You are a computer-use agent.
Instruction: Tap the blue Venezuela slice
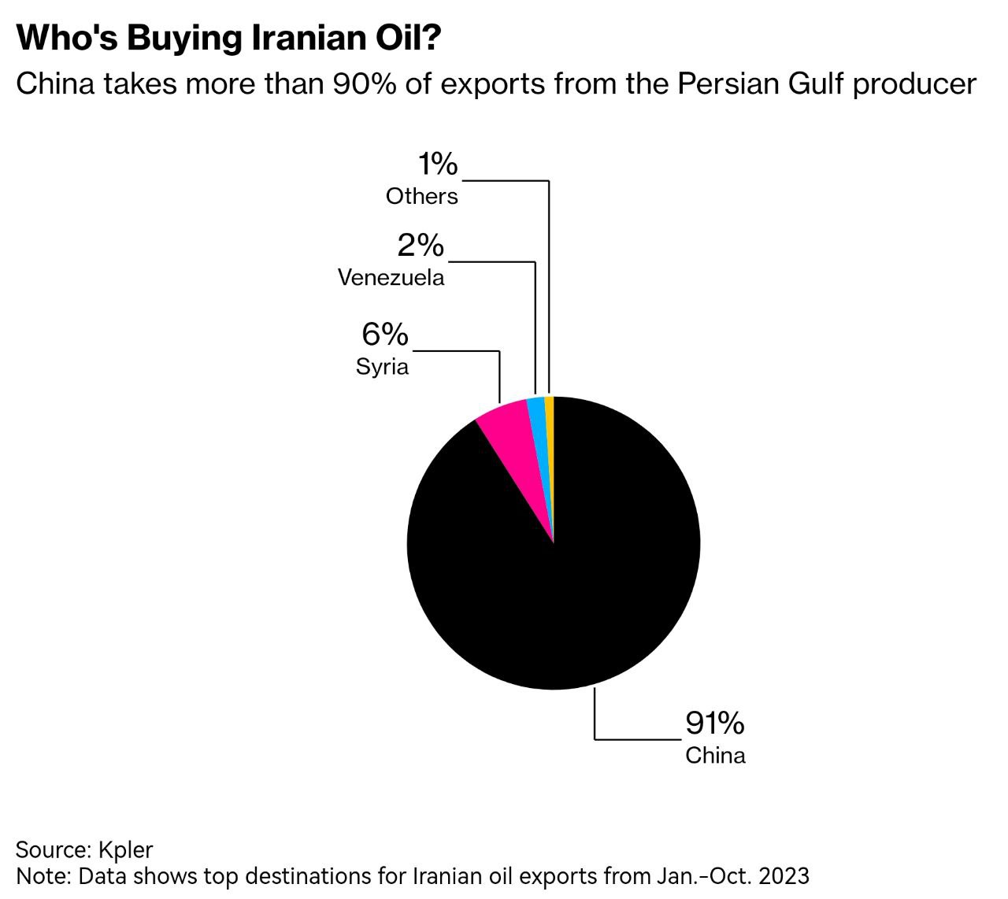pos(539,417)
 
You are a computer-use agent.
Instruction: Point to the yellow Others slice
pos(550,417)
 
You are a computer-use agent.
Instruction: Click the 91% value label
pos(714,722)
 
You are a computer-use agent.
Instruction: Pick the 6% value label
pos(385,335)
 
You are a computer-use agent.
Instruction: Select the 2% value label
pos(421,246)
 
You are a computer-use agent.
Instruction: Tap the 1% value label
pos(437,165)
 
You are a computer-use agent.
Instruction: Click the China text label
pos(715,756)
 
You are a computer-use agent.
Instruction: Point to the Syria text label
pos(382,367)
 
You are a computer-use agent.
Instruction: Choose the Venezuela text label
pos(391,277)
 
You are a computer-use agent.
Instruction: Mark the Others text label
pos(421,196)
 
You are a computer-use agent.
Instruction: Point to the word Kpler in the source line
pos(126,849)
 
